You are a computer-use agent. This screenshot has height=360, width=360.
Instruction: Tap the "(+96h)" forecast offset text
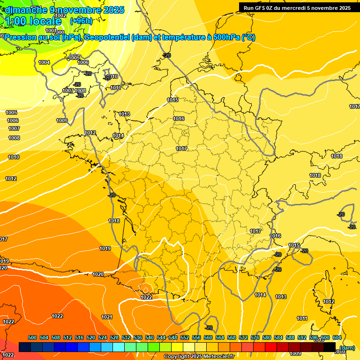81,21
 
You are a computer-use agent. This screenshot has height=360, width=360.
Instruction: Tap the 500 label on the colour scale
32,337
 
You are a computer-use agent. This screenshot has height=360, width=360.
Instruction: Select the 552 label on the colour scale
185,337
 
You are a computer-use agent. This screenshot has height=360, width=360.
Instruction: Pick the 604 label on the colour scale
337,337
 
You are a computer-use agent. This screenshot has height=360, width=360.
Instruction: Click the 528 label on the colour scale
114,337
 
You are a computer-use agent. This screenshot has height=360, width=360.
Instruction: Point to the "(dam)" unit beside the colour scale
347,348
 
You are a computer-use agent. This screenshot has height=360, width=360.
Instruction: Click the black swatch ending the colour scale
330,347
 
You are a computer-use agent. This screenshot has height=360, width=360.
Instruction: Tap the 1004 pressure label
44,62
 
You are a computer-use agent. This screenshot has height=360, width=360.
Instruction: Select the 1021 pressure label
107,317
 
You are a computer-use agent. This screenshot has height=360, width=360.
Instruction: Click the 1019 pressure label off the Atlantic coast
105,248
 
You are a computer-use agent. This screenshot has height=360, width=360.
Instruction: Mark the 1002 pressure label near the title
60,15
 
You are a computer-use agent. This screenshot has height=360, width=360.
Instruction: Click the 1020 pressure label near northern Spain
98,274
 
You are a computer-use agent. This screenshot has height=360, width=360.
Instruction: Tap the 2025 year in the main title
113,10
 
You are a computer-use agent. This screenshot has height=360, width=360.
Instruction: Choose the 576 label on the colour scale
255,337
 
